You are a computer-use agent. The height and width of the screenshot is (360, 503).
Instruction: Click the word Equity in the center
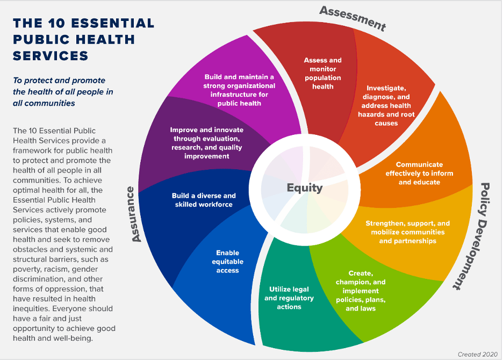(x=305, y=188)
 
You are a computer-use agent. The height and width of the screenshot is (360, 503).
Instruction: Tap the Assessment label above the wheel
(x=353, y=18)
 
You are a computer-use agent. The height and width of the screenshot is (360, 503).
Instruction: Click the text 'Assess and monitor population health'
(x=322, y=74)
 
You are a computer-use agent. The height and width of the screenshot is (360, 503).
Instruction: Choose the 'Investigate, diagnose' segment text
(x=386, y=105)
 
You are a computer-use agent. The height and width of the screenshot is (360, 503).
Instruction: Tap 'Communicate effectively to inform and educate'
(x=419, y=173)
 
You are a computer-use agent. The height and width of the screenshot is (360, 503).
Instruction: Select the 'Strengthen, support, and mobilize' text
(x=408, y=232)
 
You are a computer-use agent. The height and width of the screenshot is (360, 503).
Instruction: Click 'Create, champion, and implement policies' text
(x=361, y=291)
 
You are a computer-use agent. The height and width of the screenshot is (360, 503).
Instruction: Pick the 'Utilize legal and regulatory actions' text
(x=289, y=298)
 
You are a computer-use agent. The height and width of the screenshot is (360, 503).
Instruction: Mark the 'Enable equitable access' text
(x=227, y=261)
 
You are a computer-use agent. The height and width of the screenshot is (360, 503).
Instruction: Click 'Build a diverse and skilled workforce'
(x=204, y=200)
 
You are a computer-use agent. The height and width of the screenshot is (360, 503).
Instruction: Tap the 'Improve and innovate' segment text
(x=207, y=143)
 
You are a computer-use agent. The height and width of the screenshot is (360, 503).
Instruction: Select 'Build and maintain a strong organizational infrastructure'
(x=239, y=90)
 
